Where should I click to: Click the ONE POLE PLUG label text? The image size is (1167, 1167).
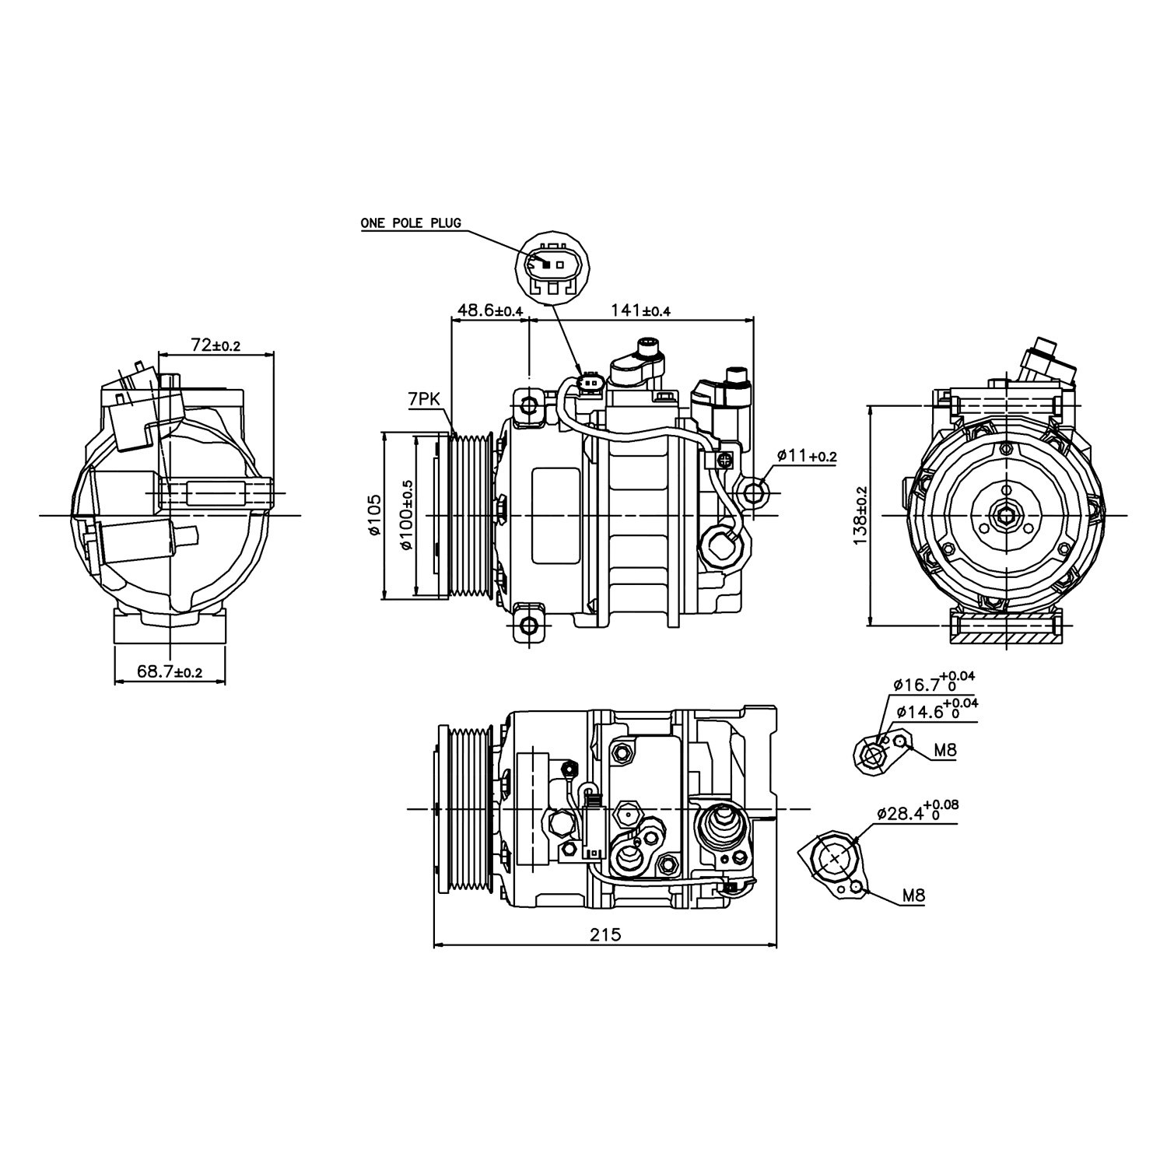click(x=410, y=223)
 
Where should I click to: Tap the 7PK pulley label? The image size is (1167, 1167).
click(x=423, y=401)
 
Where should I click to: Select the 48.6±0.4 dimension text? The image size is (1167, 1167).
click(x=489, y=310)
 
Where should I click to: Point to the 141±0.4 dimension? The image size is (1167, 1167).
click(x=641, y=310)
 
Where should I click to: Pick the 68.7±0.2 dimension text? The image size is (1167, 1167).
click(x=170, y=671)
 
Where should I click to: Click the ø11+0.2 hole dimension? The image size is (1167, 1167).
click(x=806, y=457)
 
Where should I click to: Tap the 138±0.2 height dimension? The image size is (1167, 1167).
click(x=860, y=516)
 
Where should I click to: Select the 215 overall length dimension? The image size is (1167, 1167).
click(x=605, y=934)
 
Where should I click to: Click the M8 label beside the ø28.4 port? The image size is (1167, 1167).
click(x=913, y=896)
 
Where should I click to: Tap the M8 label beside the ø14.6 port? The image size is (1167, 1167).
click(x=944, y=751)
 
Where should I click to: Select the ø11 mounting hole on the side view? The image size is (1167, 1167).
click(x=753, y=492)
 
